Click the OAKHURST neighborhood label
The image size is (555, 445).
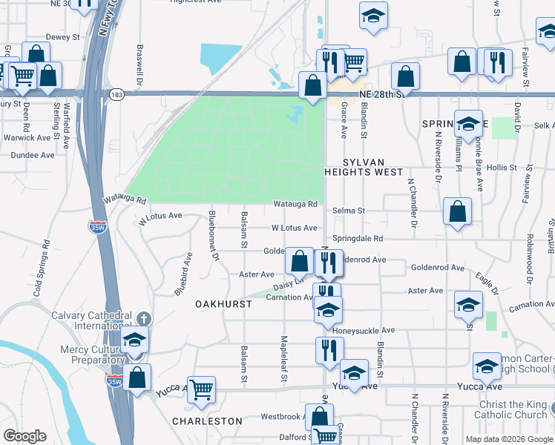[220, 305]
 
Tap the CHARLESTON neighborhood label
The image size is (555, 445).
[207, 421]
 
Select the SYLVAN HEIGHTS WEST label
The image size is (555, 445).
[363, 166]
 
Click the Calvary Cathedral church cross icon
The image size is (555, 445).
[144, 318]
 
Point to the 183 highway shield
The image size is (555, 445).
[116, 95]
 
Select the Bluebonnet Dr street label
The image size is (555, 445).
[214, 235]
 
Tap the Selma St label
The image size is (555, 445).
[349, 211]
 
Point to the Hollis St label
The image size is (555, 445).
[502, 168]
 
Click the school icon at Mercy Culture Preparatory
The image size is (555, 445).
[134, 340]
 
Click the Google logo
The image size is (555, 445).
[25, 436]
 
